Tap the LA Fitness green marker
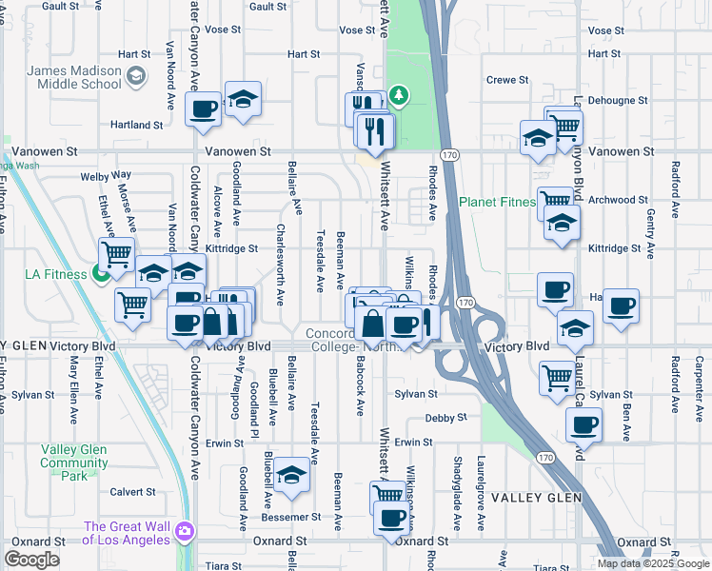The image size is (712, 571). coord(102,276)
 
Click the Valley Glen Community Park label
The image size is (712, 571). coord(74,463)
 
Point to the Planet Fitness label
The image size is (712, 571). coord(495,202)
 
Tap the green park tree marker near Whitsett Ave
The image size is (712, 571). coord(399,94)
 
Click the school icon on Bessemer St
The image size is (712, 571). coord(292,473)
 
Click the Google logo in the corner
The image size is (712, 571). coord(31,560)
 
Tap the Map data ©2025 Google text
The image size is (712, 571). coord(653,563)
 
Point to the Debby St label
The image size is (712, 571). coord(446,417)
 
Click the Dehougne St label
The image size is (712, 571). coord(616,99)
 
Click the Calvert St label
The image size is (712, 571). coord(132,492)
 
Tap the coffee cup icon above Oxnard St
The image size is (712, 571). coord(391,519)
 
